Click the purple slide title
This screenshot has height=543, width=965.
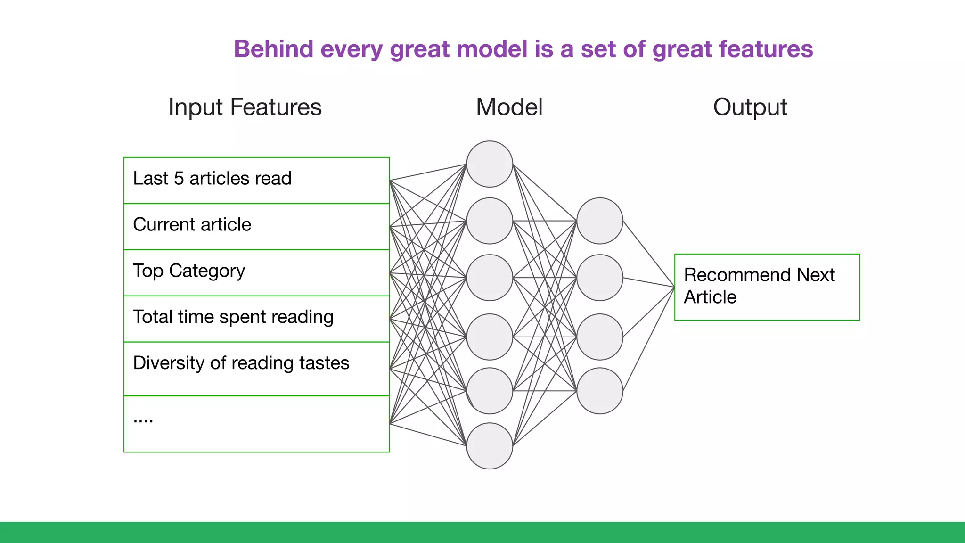(523, 49)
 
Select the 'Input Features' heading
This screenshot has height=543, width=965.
(245, 107)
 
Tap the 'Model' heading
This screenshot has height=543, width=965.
(509, 107)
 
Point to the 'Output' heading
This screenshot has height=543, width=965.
(750, 107)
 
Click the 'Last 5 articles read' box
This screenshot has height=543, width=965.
(256, 180)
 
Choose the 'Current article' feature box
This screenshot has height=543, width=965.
(256, 226)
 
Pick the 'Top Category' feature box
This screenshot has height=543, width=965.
(256, 272)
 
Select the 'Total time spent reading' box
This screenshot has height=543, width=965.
(256, 319)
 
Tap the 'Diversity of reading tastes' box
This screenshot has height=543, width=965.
(256, 368)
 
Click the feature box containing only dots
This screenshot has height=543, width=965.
(256, 423)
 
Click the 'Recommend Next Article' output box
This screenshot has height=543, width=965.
(767, 287)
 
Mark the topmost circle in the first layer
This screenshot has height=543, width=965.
(490, 164)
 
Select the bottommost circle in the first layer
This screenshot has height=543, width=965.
(490, 445)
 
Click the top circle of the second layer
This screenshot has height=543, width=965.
(599, 221)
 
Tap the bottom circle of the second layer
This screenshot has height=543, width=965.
(599, 391)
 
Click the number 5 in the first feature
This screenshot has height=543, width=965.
(179, 179)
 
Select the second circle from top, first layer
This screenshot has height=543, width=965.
(490, 221)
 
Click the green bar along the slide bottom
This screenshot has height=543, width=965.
(482, 532)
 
